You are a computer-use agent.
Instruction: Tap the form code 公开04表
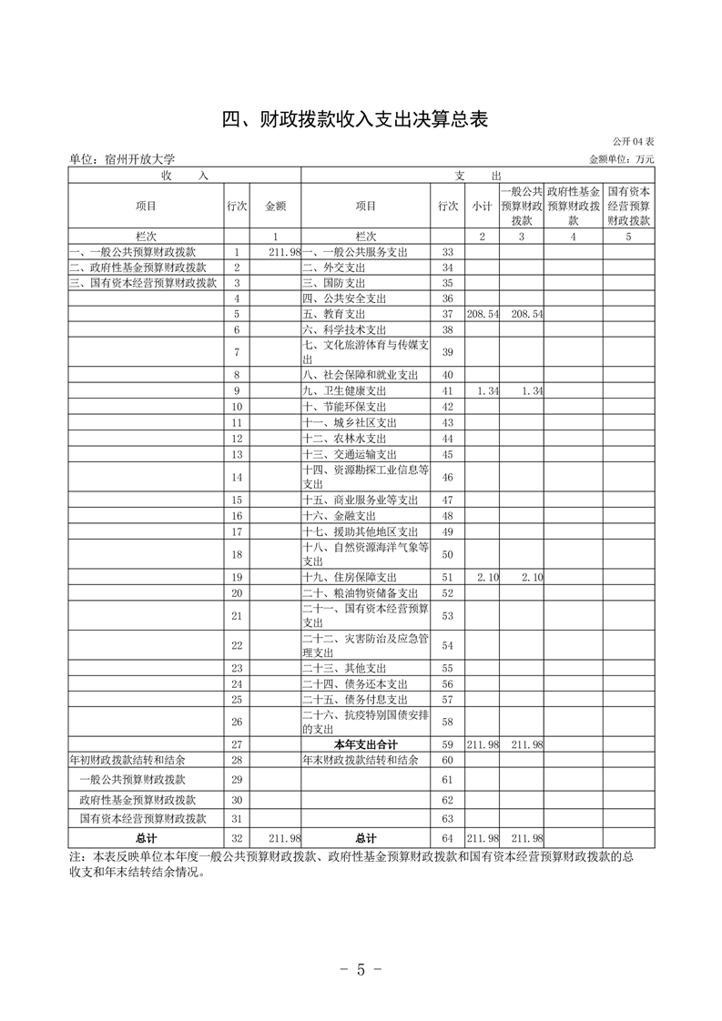[633, 141]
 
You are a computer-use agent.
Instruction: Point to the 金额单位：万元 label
[622, 159]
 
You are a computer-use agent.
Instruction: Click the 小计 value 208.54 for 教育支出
[482, 313]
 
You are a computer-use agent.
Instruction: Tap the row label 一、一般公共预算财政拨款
[137, 251]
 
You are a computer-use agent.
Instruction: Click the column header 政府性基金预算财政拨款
[573, 207]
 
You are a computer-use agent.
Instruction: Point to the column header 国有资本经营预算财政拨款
[628, 207]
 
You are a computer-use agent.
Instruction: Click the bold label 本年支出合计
[365, 743]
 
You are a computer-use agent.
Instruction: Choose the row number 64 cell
[447, 837]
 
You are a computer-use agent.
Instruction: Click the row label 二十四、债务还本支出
[355, 683]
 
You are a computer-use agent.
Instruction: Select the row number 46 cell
[447, 477]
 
